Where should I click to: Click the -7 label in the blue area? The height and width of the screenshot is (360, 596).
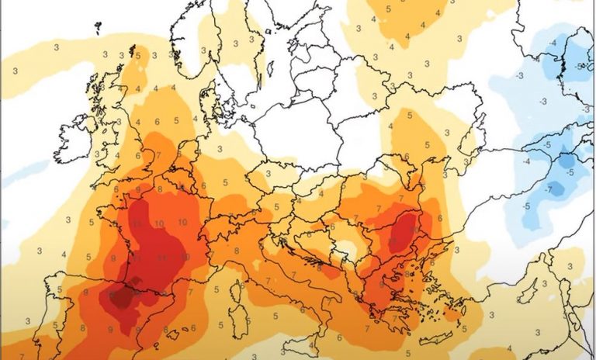(549, 190)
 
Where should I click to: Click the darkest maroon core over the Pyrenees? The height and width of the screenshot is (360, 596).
(120, 297)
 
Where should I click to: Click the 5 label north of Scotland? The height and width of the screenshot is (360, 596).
(137, 56)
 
